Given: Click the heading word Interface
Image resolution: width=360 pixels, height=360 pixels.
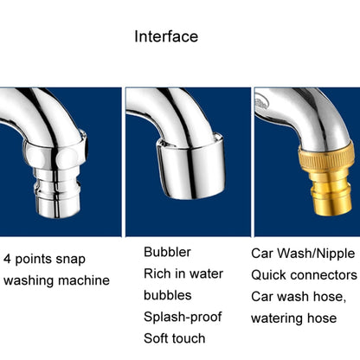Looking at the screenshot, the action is click(166, 36).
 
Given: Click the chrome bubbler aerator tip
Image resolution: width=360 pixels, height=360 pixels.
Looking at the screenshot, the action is click(190, 167).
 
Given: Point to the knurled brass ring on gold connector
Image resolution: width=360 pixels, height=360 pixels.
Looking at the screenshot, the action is click(326, 157).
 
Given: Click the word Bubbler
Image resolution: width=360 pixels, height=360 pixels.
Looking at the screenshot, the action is click(167, 252).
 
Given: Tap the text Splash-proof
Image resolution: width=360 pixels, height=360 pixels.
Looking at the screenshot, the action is click(183, 317).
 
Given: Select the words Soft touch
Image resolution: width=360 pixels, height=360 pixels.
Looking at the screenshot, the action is click(175, 338).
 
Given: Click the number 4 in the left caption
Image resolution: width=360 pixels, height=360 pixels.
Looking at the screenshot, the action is click(7, 259).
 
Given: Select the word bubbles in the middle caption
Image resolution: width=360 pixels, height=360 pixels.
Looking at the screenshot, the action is click(168, 295).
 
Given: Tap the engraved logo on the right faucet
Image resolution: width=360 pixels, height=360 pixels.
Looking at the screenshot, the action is click(262, 103).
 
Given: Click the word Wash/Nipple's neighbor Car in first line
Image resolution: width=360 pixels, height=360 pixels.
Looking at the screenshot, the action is click(262, 254).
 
